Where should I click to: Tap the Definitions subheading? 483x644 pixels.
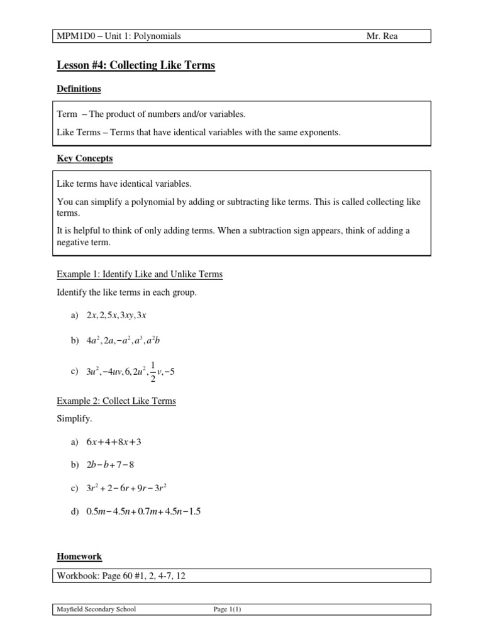[79, 89]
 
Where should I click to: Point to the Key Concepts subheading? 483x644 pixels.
[84, 158]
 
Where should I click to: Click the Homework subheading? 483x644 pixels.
[79, 557]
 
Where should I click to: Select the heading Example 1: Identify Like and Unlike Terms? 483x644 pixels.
[140, 274]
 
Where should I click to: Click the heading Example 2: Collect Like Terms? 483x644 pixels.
[116, 401]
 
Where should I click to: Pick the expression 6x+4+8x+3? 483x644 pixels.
[114, 441]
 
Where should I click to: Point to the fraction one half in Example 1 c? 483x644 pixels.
[152, 370]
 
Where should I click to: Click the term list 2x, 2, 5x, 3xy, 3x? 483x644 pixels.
[116, 315]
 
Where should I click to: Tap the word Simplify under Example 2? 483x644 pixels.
[74, 418]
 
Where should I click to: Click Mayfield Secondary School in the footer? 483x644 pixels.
[96, 609]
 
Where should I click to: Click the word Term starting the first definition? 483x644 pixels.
[67, 114]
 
